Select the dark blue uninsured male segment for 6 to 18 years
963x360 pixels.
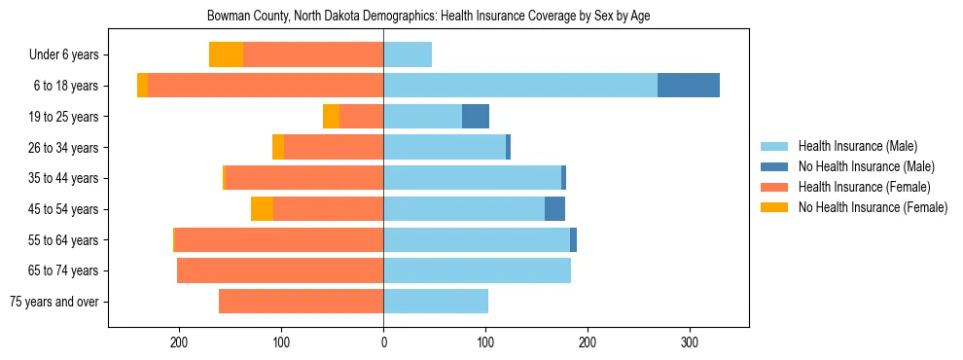coord(689,86)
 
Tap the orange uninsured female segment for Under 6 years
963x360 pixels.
coord(226,54)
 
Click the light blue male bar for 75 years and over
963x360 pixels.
coord(436,302)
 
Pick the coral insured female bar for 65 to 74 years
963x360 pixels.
coord(280,270)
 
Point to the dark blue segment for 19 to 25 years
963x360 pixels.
coord(476,117)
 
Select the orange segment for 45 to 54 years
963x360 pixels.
coord(262,209)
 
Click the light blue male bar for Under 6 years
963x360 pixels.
coord(408,54)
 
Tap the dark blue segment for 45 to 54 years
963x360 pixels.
coord(554,209)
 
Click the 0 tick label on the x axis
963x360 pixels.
coord(383,342)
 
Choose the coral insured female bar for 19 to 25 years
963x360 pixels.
coord(361,117)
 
